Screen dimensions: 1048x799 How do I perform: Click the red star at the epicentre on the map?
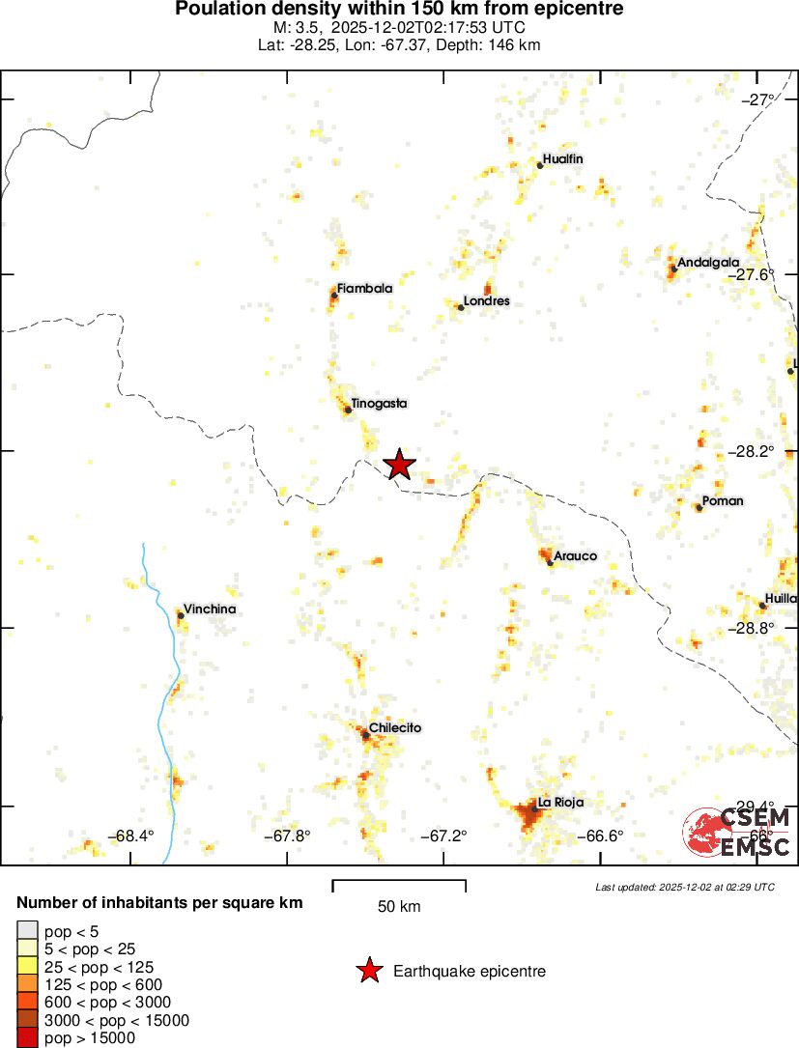coord(399,465)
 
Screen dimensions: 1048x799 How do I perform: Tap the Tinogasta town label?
coord(379,403)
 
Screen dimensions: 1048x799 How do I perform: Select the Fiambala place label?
coord(364,288)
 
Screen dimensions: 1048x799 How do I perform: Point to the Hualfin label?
coord(563,158)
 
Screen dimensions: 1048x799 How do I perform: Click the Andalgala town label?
coord(708,262)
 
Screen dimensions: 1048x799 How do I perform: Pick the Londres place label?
coord(486,301)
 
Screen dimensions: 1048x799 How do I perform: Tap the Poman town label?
coord(723,501)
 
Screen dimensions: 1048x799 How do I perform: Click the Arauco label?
coord(576,556)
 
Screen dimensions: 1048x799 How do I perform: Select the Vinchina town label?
coord(210,609)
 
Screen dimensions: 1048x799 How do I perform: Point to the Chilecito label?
coord(395,728)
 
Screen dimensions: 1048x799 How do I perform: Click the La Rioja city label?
coord(560,803)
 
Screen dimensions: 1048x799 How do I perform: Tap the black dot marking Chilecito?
coord(366,735)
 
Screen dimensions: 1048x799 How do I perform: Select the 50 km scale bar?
coord(399,885)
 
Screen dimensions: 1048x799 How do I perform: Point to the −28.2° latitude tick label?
coord(752,451)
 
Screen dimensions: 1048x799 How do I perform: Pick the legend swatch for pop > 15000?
coord(28,1037)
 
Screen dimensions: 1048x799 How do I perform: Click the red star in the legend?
coord(368,971)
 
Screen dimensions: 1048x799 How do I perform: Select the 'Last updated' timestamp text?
coord(684,887)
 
